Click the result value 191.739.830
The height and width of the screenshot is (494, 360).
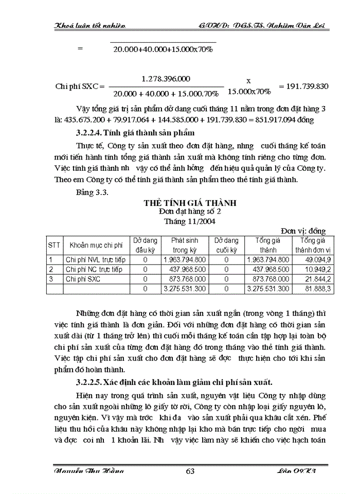(x=303, y=86)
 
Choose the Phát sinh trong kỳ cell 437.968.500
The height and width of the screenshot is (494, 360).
(x=184, y=269)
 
